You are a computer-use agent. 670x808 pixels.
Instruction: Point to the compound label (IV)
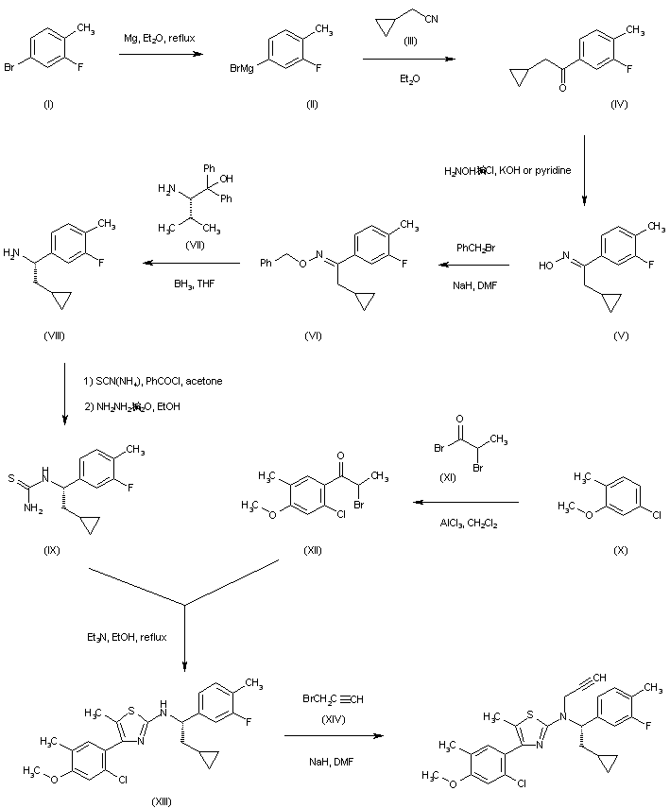[618, 103]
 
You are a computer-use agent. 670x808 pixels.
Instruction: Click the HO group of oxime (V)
[545, 267]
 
